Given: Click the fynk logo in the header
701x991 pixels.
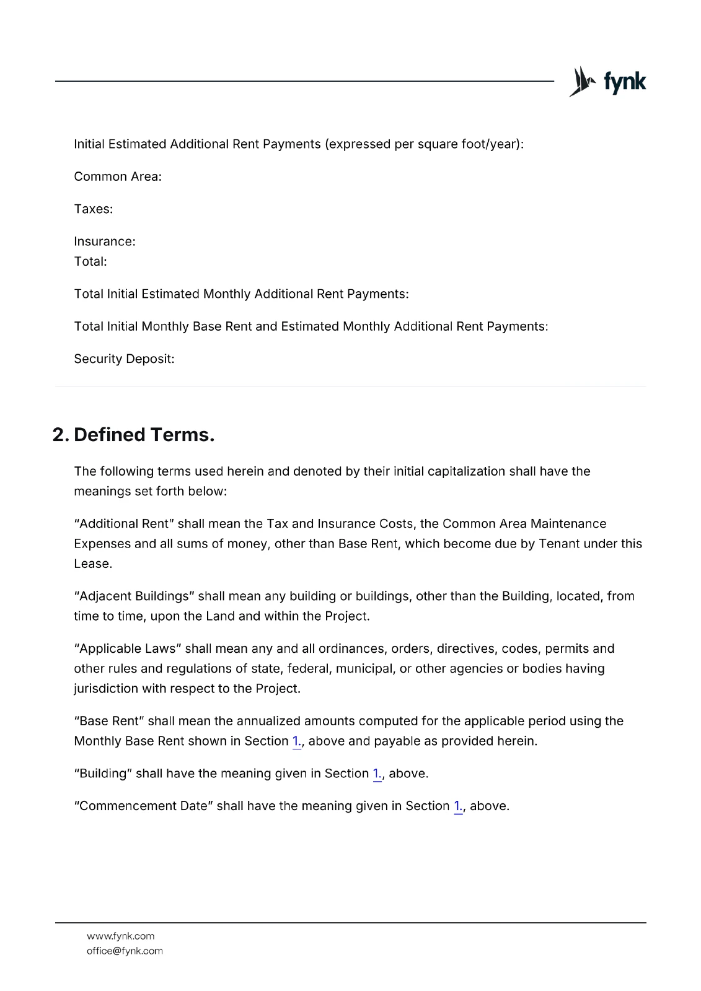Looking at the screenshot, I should click(x=607, y=82).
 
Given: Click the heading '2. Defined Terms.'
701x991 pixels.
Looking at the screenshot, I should click(x=133, y=435).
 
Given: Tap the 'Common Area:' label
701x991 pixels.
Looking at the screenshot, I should click(x=118, y=177).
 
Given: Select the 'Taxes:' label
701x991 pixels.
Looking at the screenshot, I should click(x=94, y=209).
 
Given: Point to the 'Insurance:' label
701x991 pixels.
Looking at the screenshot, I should click(x=105, y=242).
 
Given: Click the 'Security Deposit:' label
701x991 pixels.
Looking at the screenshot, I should click(x=124, y=359).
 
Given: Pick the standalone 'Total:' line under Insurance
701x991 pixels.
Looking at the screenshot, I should click(x=90, y=261).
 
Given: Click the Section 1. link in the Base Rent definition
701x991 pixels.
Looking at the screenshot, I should click(x=296, y=741).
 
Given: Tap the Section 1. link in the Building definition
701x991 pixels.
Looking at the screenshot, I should click(x=377, y=774).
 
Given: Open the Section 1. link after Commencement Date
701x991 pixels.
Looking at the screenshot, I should click(x=458, y=806).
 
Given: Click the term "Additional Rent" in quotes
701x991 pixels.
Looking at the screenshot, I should click(x=125, y=524).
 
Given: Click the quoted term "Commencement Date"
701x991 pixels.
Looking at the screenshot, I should click(x=143, y=806).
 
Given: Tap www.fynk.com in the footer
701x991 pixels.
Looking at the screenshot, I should click(x=120, y=936).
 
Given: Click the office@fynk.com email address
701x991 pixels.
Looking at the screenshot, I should click(x=125, y=951).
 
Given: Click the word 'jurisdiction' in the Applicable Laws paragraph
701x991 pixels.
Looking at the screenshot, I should click(x=106, y=689).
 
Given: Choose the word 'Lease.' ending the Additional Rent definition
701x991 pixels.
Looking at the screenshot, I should click(x=93, y=564).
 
